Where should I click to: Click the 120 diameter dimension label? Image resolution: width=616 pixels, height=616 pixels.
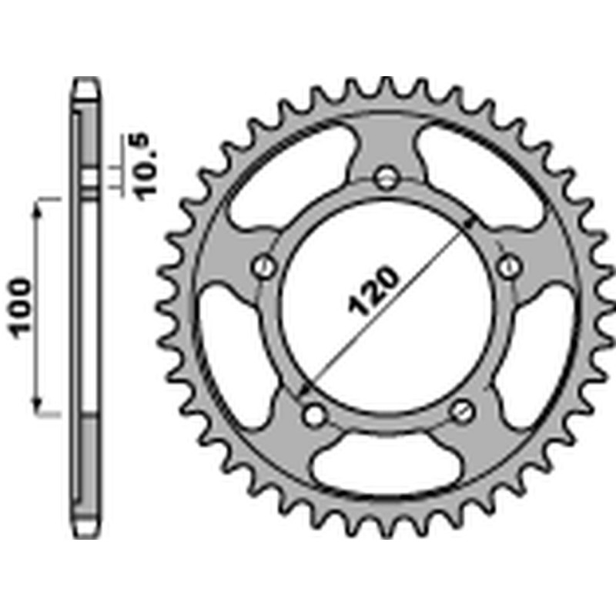[374, 292]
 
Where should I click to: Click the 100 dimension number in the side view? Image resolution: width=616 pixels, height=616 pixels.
[22, 306]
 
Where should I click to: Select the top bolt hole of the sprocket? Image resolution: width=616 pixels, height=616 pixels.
[386, 178]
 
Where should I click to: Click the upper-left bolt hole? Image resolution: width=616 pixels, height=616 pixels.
[264, 266]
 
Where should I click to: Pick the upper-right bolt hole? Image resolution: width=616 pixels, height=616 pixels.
[507, 266]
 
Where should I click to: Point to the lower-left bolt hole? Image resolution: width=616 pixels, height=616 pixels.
[312, 414]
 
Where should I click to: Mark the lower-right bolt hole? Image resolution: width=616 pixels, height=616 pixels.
[462, 410]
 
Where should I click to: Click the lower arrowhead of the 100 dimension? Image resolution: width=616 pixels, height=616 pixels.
[37, 408]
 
